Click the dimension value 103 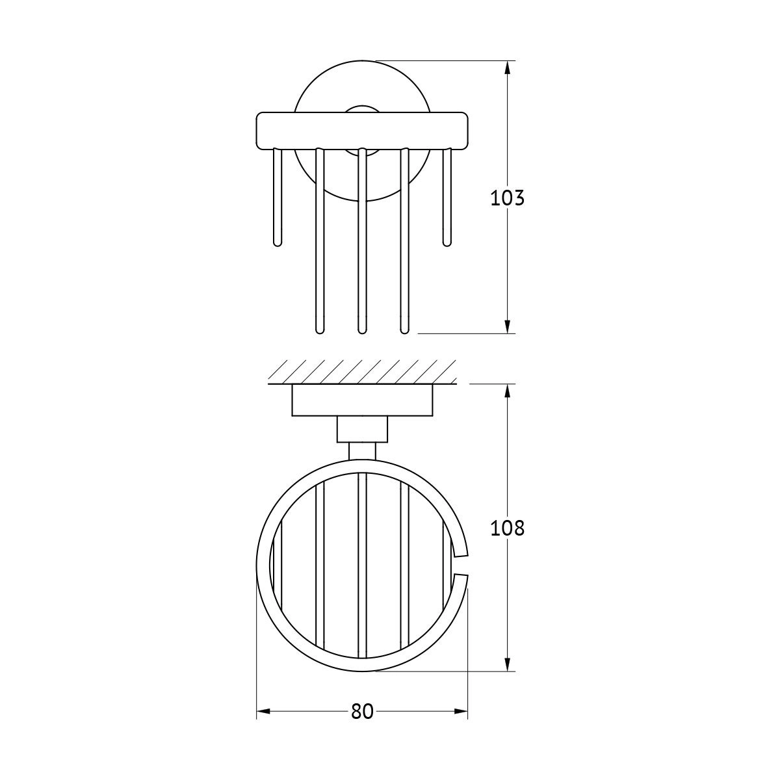coord(507,198)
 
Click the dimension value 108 coord(507,528)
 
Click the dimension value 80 coord(362,711)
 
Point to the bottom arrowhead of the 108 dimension coord(508,664)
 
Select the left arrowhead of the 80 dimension coord(263,711)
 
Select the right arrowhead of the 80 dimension coord(461,711)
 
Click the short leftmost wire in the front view coord(278,197)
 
